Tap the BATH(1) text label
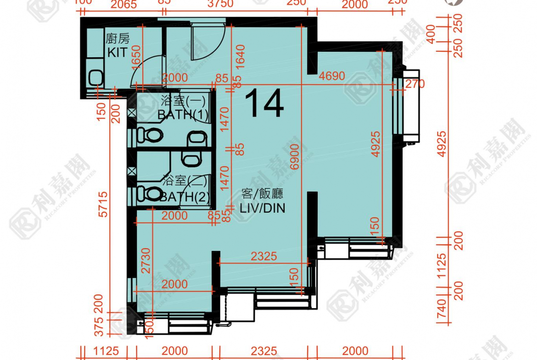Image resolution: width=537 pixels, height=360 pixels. coord(183,115)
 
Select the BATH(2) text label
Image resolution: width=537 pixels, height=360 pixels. coord(185,197)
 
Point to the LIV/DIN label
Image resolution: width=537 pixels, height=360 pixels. coord(262,208)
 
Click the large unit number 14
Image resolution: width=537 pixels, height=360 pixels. coord(264,105)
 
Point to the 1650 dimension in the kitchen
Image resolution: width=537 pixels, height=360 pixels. coord(136,57)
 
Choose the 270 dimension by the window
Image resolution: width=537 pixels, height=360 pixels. coord(415,83)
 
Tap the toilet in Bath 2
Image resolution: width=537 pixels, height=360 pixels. coord(149,193)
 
